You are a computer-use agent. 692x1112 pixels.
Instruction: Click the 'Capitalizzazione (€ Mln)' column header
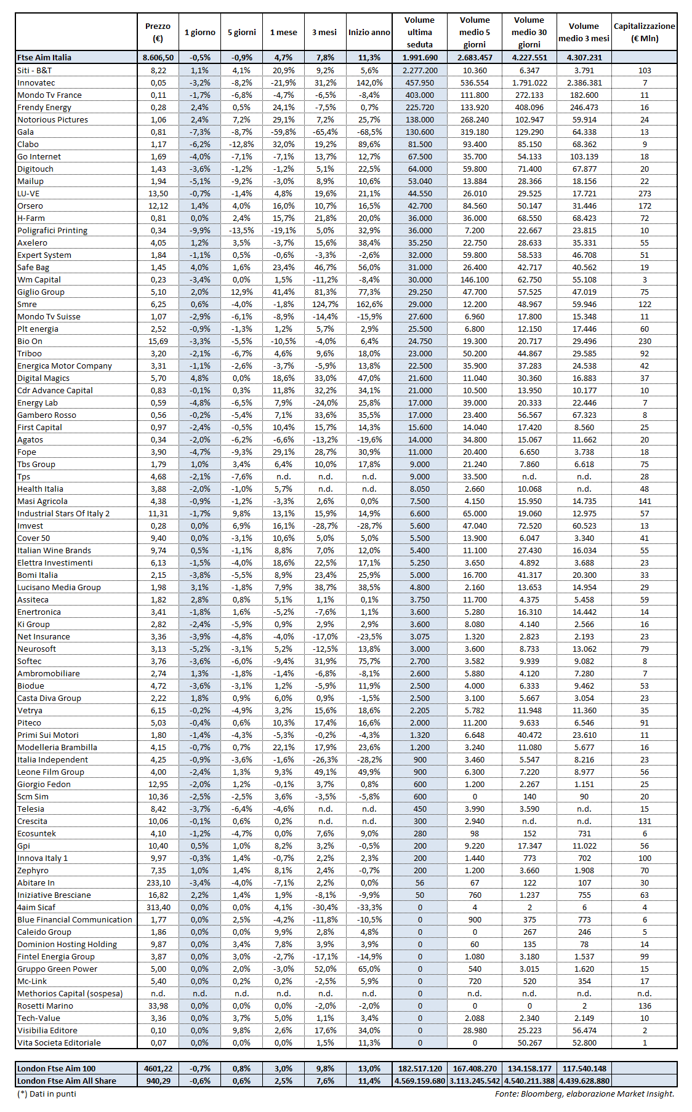(x=644, y=32)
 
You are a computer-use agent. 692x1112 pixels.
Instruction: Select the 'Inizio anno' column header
(x=369, y=32)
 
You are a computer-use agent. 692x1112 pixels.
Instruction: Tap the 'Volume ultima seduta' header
(x=419, y=32)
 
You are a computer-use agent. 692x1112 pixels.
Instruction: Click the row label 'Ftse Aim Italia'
(x=44, y=57)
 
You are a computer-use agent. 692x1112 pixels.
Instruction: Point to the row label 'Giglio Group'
(x=41, y=292)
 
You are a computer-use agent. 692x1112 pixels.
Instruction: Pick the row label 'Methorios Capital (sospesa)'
(x=70, y=993)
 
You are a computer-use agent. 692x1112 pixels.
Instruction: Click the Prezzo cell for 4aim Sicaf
(x=158, y=907)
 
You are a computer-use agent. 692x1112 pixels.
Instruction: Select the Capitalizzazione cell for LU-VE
(x=645, y=193)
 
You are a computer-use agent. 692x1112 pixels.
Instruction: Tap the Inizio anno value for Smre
(x=369, y=304)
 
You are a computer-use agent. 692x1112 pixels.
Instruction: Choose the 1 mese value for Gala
(x=283, y=132)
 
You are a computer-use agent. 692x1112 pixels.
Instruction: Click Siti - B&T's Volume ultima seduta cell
(x=420, y=70)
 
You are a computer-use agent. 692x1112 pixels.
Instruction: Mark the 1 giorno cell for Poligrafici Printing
(x=199, y=230)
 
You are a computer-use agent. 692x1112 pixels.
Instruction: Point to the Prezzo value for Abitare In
(x=158, y=882)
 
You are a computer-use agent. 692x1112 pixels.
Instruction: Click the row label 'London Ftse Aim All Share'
(x=66, y=1081)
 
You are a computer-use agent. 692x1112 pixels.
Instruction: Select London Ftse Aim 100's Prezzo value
(x=158, y=1068)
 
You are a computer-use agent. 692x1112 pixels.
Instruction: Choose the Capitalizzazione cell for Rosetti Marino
(x=645, y=1006)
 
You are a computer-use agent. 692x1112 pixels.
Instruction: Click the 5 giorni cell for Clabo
(x=241, y=144)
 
